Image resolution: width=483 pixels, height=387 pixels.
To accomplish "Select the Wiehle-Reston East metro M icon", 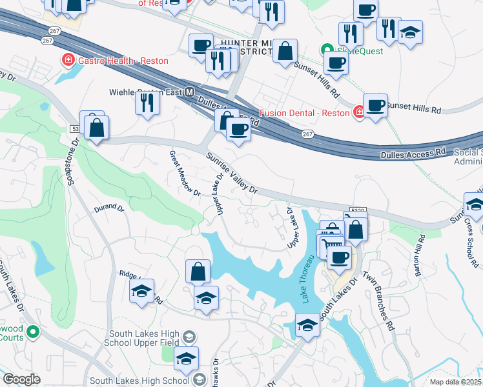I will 190,92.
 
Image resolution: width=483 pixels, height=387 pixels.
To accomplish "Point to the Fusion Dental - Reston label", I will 305,113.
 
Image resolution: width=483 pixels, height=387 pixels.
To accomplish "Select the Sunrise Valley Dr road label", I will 232,174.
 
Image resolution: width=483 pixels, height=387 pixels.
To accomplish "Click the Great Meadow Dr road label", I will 185,175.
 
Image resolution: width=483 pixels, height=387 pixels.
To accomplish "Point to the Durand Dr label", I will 108,208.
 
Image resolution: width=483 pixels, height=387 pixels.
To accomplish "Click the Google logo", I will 21,379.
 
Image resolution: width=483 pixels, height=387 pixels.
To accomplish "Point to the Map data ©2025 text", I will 456,382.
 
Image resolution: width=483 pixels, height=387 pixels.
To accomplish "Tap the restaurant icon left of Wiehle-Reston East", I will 147,101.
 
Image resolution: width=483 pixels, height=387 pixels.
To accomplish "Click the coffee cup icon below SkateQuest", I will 336,63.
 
